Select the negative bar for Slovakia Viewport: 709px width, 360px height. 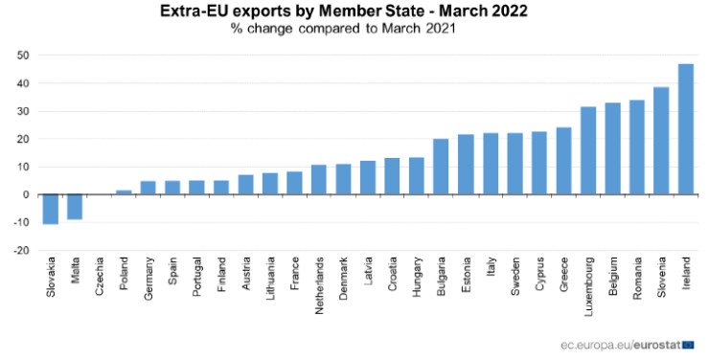tap(50, 209)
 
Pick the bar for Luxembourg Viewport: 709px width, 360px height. tap(588, 150)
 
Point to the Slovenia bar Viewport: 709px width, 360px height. tap(661, 141)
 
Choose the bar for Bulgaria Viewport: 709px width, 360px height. tap(441, 167)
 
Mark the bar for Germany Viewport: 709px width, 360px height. tap(148, 188)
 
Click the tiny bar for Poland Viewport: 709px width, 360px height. tap(124, 192)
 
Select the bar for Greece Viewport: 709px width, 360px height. tap(563, 161)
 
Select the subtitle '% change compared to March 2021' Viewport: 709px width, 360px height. tap(342, 28)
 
